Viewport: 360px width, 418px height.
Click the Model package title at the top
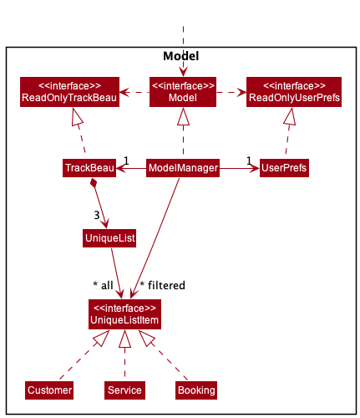(x=181, y=56)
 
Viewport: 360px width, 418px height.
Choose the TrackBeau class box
(x=89, y=168)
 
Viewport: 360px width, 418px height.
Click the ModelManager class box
(x=183, y=168)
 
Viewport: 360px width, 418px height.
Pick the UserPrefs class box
(x=283, y=168)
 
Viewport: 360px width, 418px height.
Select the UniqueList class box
(x=109, y=239)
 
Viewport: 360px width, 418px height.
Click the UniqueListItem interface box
(x=124, y=314)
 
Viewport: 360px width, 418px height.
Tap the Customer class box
(x=49, y=390)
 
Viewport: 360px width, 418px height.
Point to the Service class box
(x=124, y=390)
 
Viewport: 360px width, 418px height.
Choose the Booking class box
(x=196, y=390)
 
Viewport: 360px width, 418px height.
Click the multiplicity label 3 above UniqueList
(x=97, y=215)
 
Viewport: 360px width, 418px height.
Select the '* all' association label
(x=103, y=286)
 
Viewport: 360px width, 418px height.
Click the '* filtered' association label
(x=162, y=286)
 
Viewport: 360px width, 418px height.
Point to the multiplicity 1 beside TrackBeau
(x=125, y=161)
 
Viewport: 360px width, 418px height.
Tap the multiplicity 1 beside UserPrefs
(x=249, y=161)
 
